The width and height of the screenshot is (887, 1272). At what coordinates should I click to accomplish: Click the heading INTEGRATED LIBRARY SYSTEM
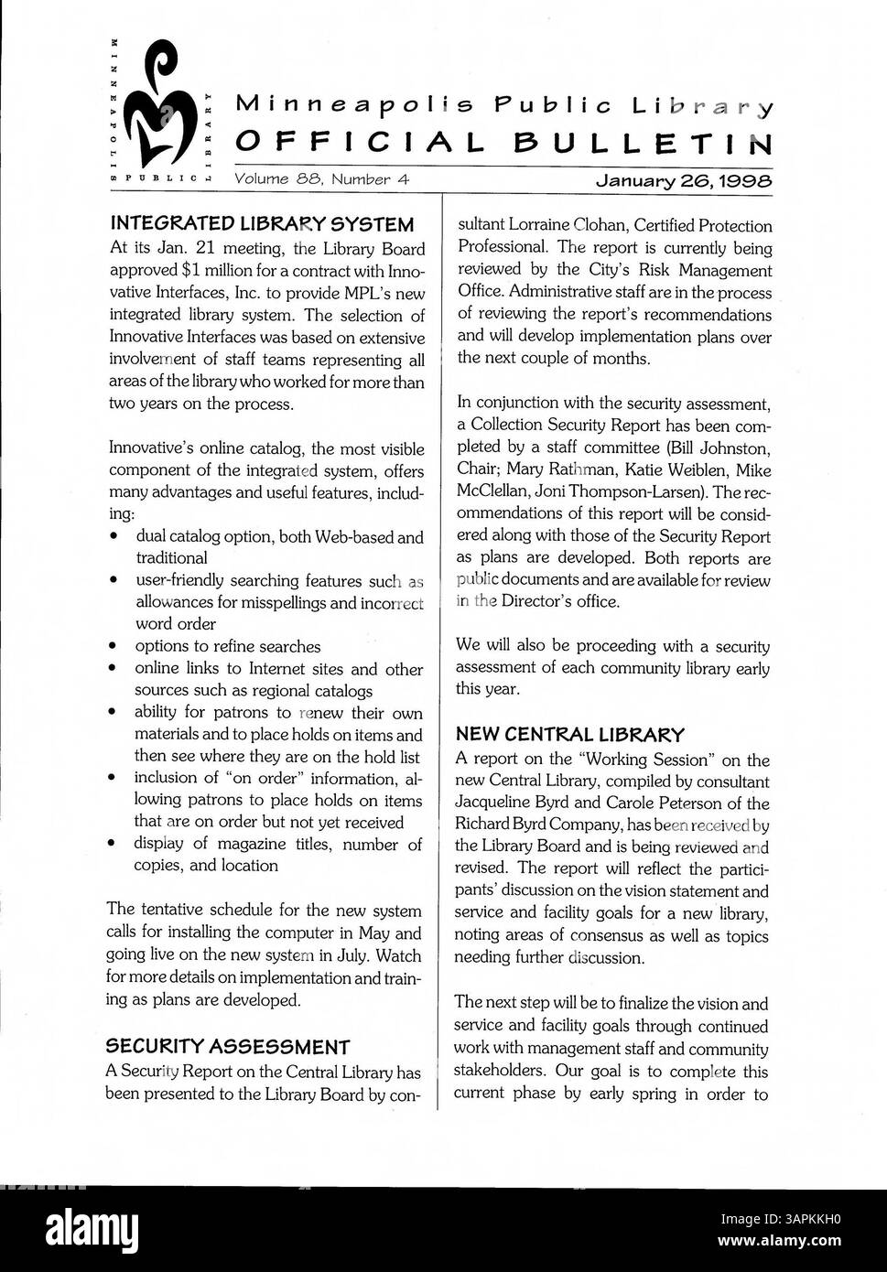[x=261, y=224]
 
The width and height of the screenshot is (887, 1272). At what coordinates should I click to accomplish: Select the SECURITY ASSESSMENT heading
[x=228, y=1046]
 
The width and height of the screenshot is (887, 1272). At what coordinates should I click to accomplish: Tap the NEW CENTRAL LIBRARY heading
[x=569, y=734]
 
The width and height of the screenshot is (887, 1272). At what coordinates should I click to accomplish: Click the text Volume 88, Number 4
[x=321, y=180]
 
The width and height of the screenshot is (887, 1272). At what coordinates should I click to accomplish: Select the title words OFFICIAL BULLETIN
[x=504, y=143]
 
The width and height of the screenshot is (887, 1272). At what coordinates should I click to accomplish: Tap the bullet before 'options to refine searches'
[x=112, y=647]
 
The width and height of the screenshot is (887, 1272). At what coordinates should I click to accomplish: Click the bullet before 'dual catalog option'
[x=112, y=536]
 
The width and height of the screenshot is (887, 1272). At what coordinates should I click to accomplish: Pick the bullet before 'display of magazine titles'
[x=112, y=844]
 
